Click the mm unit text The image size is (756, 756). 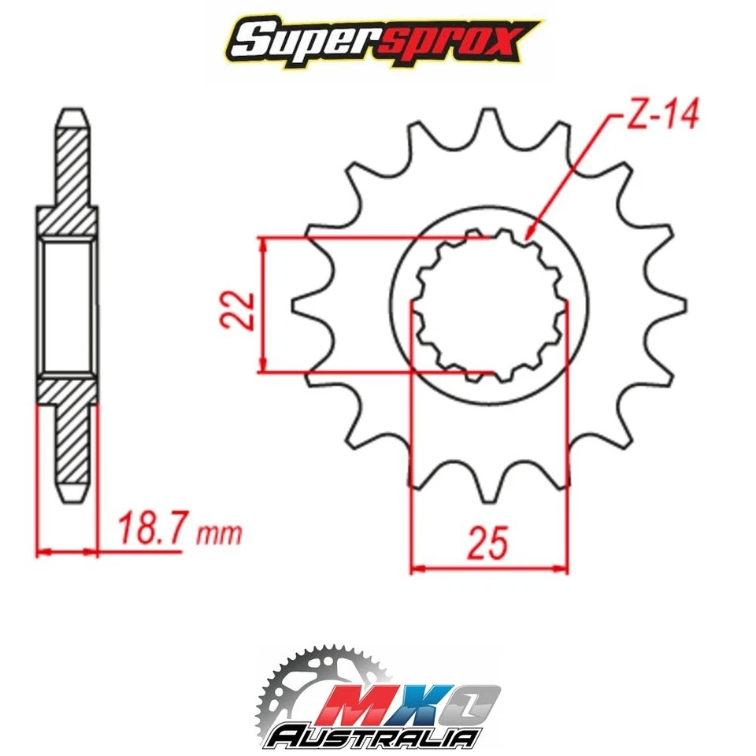click(x=219, y=535)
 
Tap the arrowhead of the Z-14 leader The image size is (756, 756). click(x=528, y=233)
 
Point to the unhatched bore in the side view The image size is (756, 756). click(x=68, y=307)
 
